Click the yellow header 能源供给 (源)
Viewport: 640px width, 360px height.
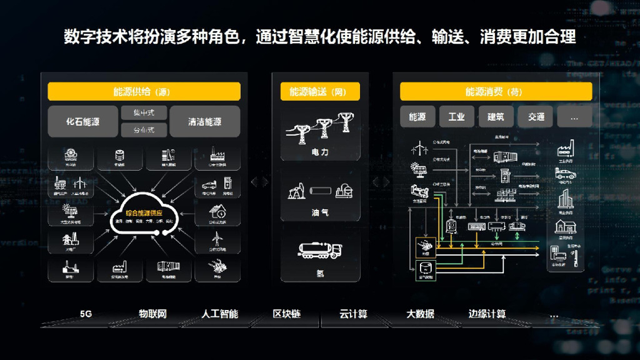(x=144, y=91)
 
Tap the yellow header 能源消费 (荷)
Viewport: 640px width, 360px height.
(x=496, y=91)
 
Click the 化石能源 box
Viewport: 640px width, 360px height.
(x=83, y=121)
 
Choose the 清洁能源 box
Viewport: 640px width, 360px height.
(x=204, y=121)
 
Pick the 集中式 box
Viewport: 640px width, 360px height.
(x=144, y=113)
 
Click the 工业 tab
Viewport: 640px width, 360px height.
(x=456, y=116)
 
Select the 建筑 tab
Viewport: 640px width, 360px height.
(x=496, y=116)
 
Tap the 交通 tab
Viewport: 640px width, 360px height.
(x=536, y=116)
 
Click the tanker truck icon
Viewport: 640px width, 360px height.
(x=321, y=250)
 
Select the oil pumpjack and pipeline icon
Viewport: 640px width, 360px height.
(x=321, y=189)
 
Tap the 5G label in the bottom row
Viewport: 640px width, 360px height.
(x=86, y=314)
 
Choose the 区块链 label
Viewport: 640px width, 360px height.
(x=287, y=314)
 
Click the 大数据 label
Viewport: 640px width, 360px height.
(x=420, y=314)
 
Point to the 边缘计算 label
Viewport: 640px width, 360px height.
(x=487, y=314)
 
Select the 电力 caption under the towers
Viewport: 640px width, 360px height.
(x=321, y=152)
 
